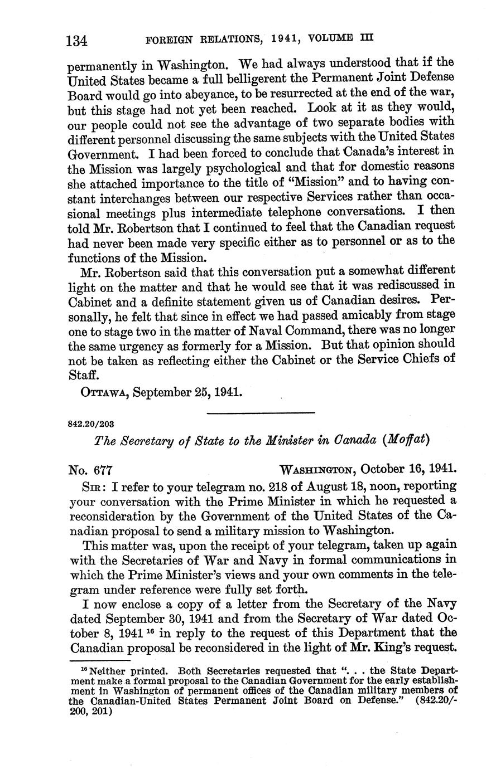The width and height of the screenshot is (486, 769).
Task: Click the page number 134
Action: [78, 41]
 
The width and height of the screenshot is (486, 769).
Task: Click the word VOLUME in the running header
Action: [328, 38]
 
